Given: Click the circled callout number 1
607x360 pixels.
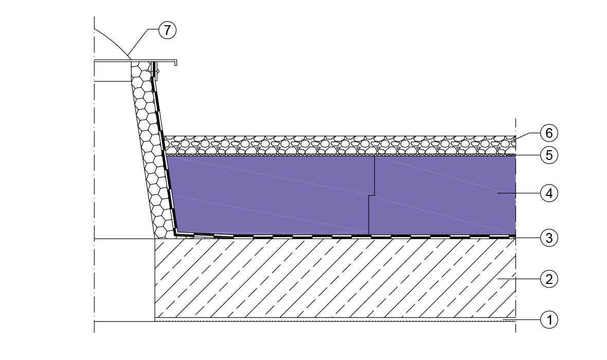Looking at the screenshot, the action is pyautogui.click(x=549, y=320).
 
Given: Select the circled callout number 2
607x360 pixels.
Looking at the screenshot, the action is pyautogui.click(x=549, y=279).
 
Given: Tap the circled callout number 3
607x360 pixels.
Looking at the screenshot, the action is pyautogui.click(x=549, y=238).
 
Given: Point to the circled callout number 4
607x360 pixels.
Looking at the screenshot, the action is pyautogui.click(x=549, y=193).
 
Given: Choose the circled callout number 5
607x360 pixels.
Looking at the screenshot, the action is pyautogui.click(x=549, y=155).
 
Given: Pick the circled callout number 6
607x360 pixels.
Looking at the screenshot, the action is pyautogui.click(x=549, y=133).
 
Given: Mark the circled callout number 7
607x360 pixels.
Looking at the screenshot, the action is pyautogui.click(x=167, y=30).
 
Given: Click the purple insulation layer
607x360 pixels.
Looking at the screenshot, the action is pyautogui.click(x=341, y=195).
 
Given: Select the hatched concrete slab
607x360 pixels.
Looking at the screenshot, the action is pyautogui.click(x=335, y=278).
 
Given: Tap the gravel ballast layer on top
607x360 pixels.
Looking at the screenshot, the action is pyautogui.click(x=340, y=145).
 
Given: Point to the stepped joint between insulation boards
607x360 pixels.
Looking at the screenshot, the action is pyautogui.click(x=371, y=195).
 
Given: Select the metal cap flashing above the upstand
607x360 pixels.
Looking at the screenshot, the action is pyautogui.click(x=135, y=60).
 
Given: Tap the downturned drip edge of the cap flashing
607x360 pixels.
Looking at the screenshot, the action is pyautogui.click(x=176, y=63).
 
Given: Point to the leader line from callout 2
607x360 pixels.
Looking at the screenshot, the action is pyautogui.click(x=519, y=279).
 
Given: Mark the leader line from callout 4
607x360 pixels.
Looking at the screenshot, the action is pyautogui.click(x=519, y=193).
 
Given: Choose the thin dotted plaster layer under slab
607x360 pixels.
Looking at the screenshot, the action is pyautogui.click(x=335, y=320).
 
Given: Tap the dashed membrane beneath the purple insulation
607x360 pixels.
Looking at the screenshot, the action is pyautogui.click(x=345, y=236).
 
